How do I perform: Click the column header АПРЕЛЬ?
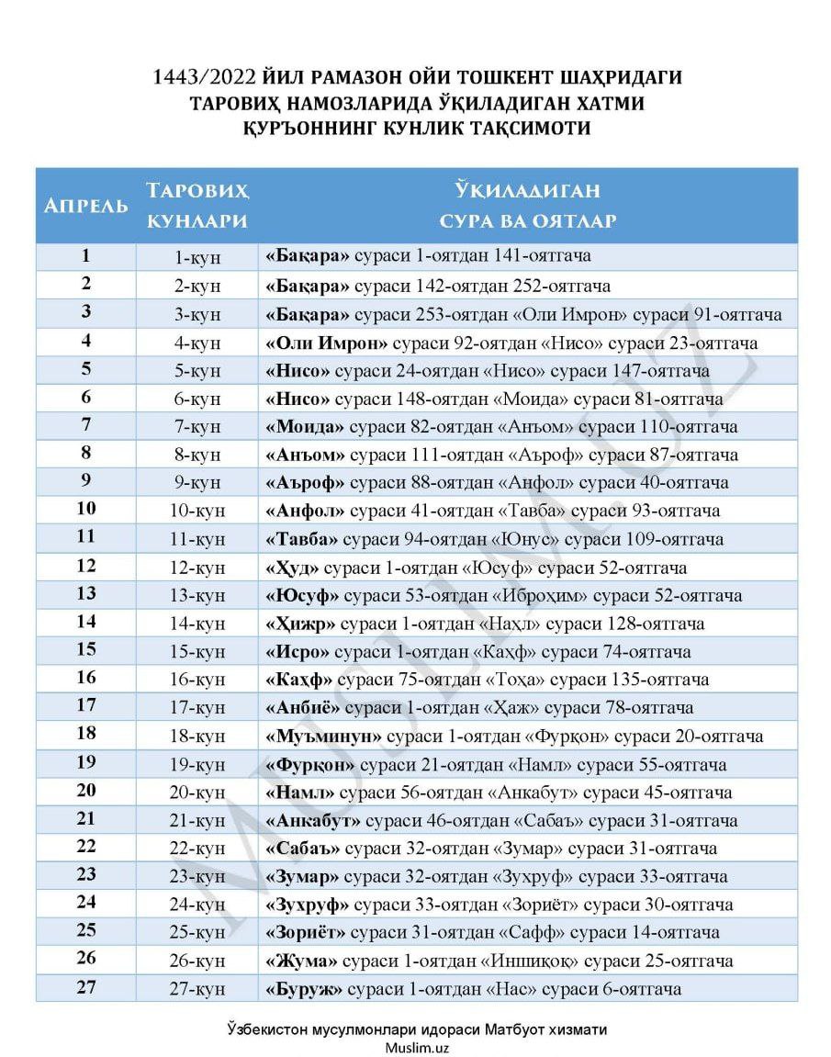[86, 206]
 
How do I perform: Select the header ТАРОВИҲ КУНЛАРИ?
[197, 206]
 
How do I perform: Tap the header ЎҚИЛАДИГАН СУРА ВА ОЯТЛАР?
[527, 206]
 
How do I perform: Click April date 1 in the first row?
[86, 256]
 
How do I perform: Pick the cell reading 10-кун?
[197, 511]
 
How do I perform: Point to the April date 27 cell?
[86, 988]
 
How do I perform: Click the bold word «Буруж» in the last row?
[304, 989]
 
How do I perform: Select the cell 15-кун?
[197, 652]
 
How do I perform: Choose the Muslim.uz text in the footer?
[417, 1047]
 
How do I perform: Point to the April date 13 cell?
[86, 594]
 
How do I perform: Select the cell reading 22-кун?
[197, 849]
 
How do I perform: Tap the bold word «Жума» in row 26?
[301, 961]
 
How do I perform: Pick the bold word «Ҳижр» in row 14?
[301, 624]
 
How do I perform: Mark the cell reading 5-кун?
[197, 370]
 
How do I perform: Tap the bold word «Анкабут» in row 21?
[313, 820]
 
